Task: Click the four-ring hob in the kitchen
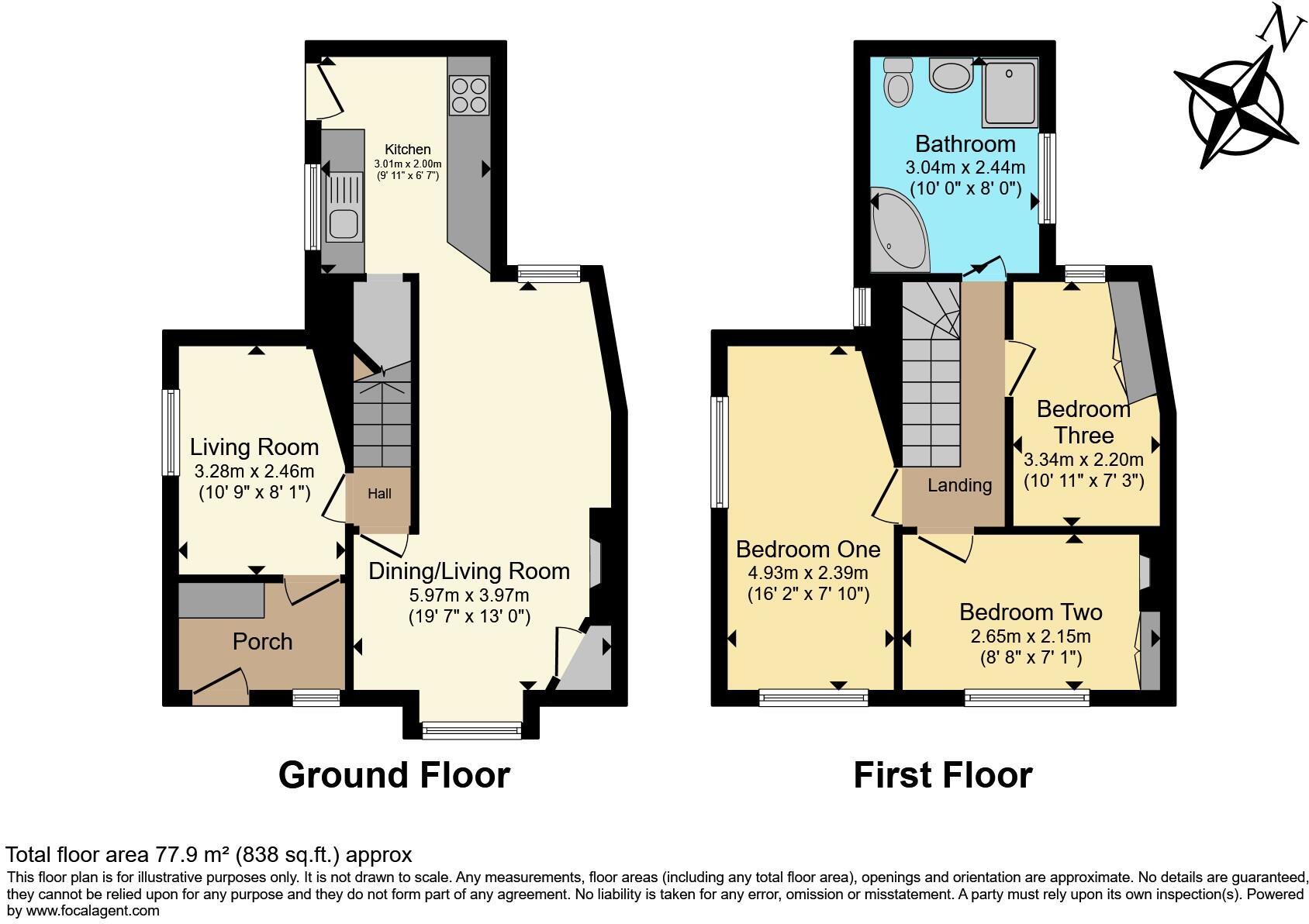coord(468,95)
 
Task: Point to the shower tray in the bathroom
coord(1010,93)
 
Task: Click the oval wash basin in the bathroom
coord(951,76)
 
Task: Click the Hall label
coord(379,494)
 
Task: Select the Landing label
coord(959,485)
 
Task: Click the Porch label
coord(262,642)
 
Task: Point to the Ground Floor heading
coord(394,775)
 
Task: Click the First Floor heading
coord(942,775)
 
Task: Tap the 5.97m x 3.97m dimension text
coord(468,595)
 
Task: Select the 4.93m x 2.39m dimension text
coord(807,574)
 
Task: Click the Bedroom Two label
coord(1030,612)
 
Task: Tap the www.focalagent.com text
coord(93,911)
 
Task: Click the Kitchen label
coord(408,150)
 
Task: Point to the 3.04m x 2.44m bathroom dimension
coord(965,167)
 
